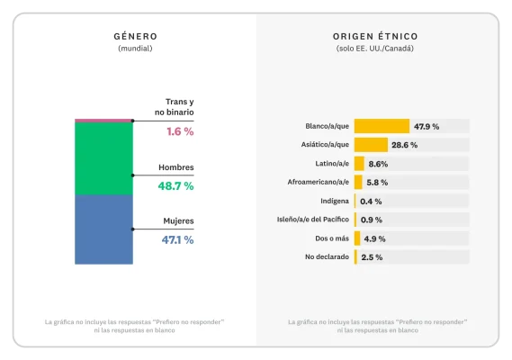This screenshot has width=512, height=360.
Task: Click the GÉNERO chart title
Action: pos(135,37)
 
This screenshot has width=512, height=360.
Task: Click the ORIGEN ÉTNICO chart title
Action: pos(374,37)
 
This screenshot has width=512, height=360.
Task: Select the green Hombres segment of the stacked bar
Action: pos(103,158)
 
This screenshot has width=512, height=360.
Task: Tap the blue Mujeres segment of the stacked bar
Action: pos(103,229)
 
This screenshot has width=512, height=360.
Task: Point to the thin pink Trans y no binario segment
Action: pos(103,120)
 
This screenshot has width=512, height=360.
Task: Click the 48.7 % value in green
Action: pos(175,185)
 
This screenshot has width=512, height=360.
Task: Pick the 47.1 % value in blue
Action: pos(176,239)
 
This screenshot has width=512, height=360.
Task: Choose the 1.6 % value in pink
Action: pos(179,131)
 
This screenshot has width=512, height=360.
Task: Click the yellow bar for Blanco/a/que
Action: pos(382,126)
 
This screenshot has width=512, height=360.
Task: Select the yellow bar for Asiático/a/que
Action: pos(370,145)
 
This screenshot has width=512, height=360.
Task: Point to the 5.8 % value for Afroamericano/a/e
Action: pos(377,183)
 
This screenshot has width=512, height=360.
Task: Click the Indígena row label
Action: pos(335,202)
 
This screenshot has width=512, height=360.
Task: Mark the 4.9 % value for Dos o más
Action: pos(375,238)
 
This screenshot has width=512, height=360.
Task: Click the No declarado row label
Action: pos(328,257)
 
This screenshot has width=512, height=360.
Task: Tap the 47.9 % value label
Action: pos(427,126)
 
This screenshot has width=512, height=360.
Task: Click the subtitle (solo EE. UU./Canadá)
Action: pos(374,49)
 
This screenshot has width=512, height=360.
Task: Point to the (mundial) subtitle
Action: pos(135,49)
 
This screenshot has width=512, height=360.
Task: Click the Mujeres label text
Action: pos(176,220)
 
